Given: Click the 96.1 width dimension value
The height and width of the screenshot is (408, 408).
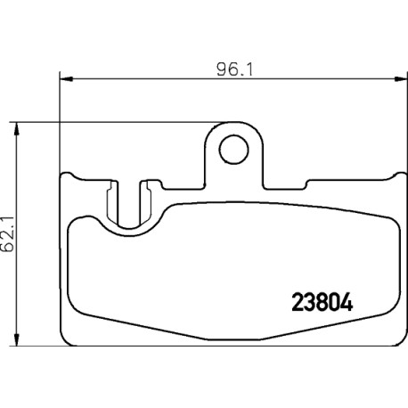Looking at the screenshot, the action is click(234, 70).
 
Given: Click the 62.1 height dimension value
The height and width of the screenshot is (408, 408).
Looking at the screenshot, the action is click(8, 234).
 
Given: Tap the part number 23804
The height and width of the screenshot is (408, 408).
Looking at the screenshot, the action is click(322, 303).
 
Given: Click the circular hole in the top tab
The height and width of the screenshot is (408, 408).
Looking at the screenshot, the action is click(233, 150).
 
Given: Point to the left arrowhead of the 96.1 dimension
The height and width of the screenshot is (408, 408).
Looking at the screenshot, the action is click(66, 79).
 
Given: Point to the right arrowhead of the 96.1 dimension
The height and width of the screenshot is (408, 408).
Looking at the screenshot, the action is click(401, 79).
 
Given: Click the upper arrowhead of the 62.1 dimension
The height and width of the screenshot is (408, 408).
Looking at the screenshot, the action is click(17, 128).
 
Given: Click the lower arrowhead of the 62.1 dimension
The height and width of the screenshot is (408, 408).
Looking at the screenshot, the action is click(17, 339).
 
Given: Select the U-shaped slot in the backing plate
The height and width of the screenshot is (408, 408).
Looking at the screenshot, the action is click(129, 205).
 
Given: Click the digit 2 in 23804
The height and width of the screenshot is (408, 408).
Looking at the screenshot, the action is click(298, 303).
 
